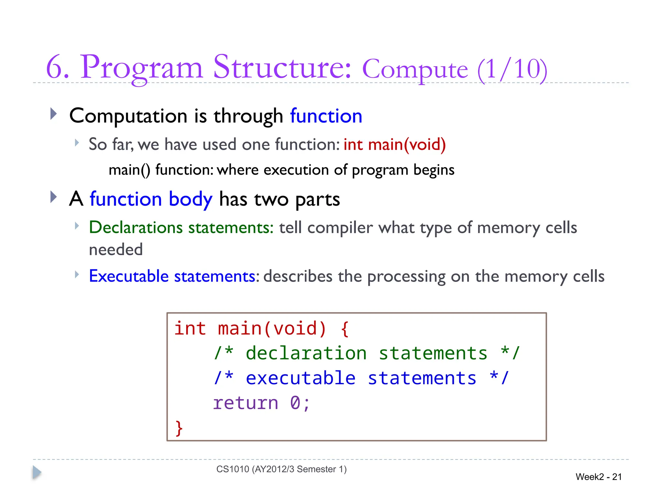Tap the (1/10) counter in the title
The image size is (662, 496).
tap(512, 69)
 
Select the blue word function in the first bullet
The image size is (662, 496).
tap(326, 116)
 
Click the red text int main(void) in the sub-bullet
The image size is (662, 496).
tap(394, 144)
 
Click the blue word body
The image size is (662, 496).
tap(190, 199)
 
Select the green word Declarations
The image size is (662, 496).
tap(136, 228)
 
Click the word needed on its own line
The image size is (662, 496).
tap(116, 250)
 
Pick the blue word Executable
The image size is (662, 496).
tap(129, 276)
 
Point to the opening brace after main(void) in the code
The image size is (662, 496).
tap(345, 329)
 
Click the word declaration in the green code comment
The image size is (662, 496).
tap(306, 353)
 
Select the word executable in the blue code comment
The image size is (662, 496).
tap(301, 378)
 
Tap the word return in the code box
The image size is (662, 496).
tap(246, 403)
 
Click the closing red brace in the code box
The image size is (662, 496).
tap(179, 428)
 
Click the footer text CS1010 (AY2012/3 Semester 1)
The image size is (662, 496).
tap(281, 469)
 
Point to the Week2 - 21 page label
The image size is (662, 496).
tap(599, 477)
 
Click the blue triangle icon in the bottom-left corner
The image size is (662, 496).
tap(37, 472)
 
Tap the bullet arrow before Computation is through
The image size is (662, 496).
tap(54, 114)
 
